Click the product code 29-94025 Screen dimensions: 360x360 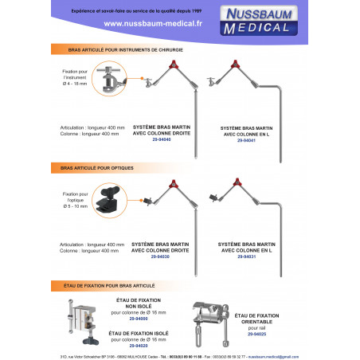257,334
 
